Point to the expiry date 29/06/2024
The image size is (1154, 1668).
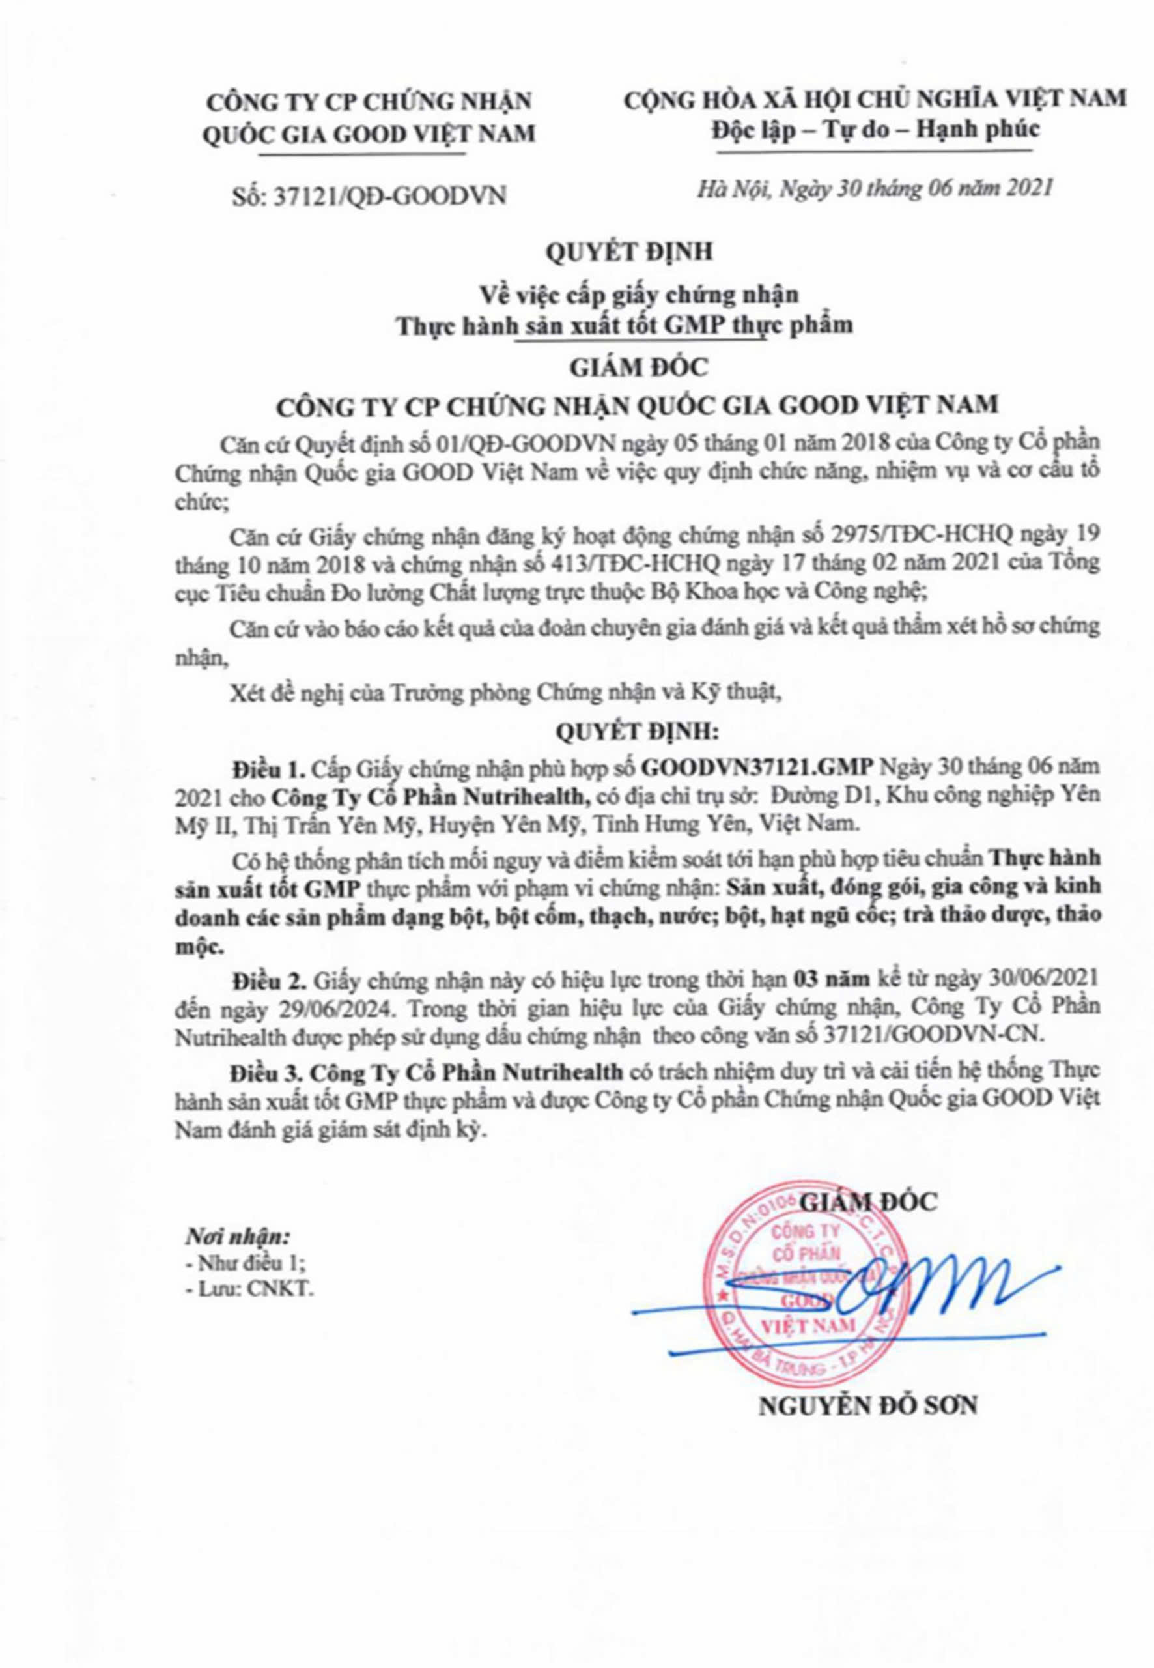click(x=282, y=1007)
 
